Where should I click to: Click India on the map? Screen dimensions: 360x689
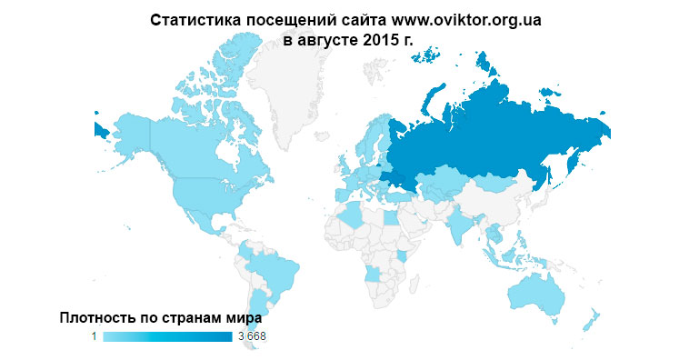pos(463,222)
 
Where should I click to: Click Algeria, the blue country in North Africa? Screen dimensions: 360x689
pos(350,216)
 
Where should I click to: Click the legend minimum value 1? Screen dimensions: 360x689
pos(94,337)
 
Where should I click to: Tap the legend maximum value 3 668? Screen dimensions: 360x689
pos(251,337)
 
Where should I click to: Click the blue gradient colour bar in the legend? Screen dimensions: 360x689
pos(167,337)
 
